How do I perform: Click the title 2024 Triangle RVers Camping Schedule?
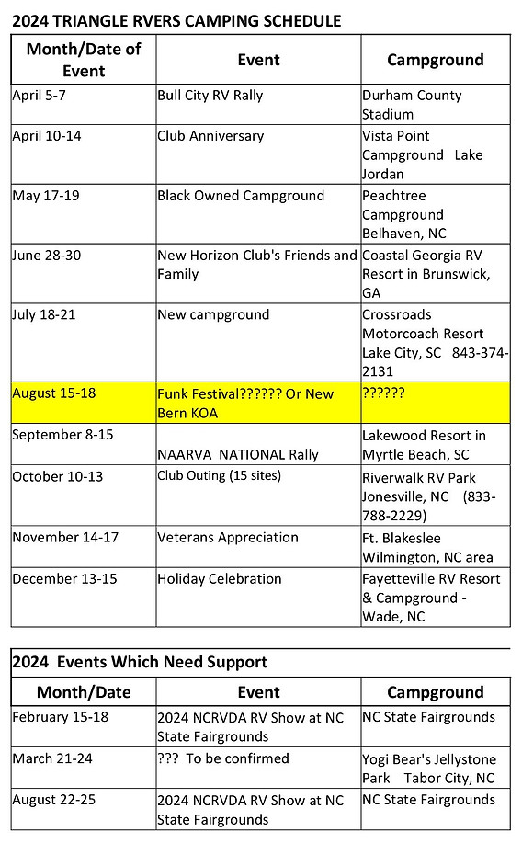[176, 19]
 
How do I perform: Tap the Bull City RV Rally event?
[210, 96]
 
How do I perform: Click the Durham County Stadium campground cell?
[412, 105]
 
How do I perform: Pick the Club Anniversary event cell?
[210, 136]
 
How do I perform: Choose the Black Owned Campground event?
[241, 196]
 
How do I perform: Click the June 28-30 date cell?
[47, 256]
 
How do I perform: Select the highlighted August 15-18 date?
[53, 393]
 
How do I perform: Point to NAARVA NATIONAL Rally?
[238, 454]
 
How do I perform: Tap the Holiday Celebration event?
[220, 579]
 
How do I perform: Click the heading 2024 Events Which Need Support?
[140, 662]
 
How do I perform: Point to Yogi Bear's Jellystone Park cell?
[428, 768]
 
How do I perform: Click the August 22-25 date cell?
[54, 801]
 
